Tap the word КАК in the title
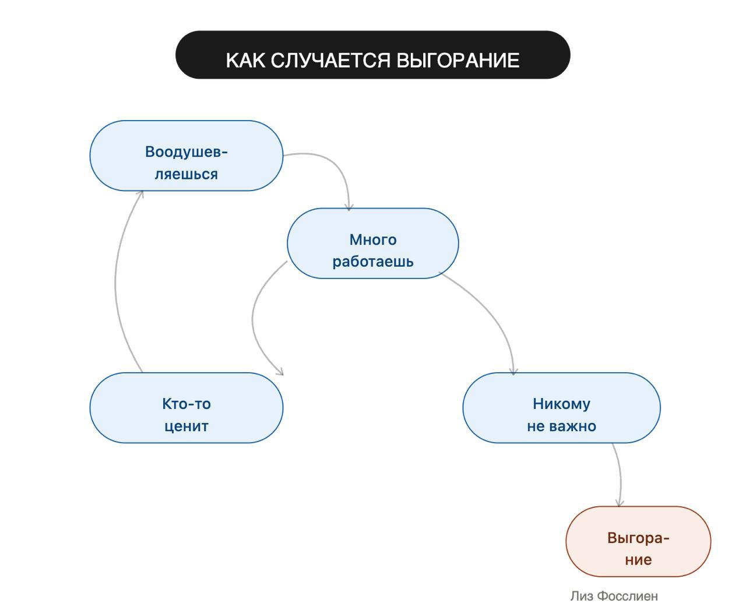coord(246,60)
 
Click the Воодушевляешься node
coord(186,156)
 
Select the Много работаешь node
coord(373,244)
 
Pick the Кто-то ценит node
coord(186,408)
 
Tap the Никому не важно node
coord(561,408)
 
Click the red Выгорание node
coord(638,542)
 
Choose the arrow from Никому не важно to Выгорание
coord(620,475)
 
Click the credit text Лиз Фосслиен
coord(614,596)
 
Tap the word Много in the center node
coord(373,239)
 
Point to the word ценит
coord(186,426)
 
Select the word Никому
coord(561,404)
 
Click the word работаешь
coord(373,261)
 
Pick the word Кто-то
coord(186,404)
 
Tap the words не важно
coord(561,426)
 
